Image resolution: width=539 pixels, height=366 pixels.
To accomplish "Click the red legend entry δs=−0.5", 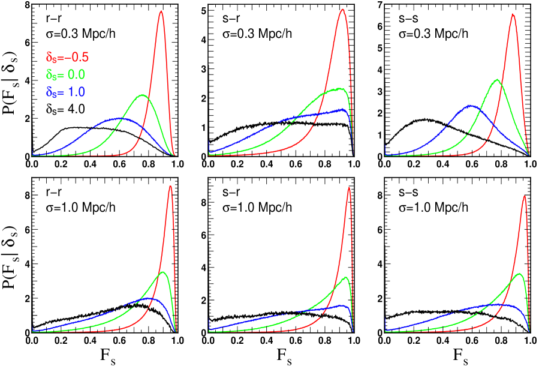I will [67, 58].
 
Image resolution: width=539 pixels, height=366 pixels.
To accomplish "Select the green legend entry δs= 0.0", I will [65, 75].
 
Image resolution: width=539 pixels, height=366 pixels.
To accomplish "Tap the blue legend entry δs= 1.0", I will [65, 92].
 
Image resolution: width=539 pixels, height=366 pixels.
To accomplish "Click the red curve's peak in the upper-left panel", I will [161, 11].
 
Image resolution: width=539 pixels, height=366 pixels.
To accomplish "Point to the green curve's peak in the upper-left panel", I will [143, 95].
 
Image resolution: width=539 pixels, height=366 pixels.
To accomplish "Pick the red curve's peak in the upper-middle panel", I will [342, 9].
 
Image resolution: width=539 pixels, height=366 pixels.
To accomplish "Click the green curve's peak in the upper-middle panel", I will [341, 88].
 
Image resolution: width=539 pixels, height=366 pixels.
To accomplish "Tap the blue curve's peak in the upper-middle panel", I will [344, 109].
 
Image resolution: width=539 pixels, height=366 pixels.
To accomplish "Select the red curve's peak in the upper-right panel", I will [513, 14].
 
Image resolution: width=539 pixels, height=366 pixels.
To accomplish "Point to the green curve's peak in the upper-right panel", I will [497, 79].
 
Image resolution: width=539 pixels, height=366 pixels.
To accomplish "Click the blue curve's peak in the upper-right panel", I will [470, 106].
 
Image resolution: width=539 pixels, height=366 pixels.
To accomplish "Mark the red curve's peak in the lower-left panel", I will [171, 186].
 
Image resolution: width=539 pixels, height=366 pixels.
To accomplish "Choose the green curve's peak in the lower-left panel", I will [163, 272].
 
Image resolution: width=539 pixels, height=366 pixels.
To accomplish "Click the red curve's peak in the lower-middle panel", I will [349, 188].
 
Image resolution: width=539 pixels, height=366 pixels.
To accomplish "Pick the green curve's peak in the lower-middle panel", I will [345, 277].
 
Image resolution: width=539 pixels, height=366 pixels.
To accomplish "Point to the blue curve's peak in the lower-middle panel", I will [342, 305].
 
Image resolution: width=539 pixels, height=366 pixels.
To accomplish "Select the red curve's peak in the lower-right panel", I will [525, 196].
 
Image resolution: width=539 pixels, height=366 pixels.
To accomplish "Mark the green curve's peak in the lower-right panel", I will [519, 273].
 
